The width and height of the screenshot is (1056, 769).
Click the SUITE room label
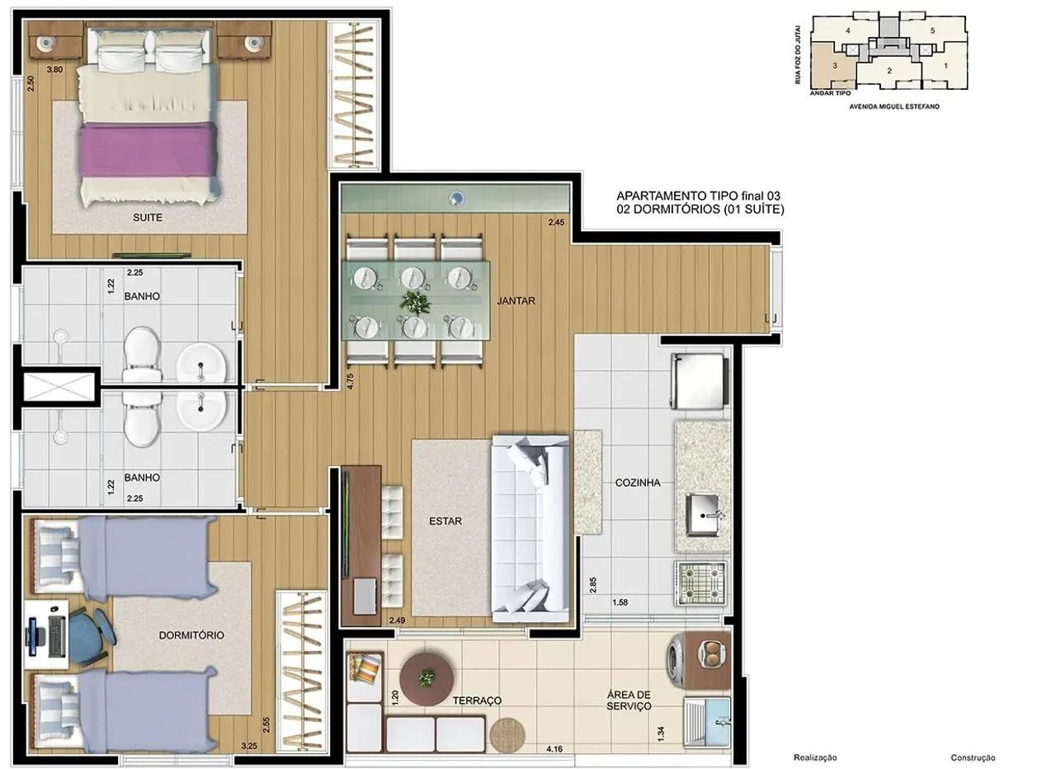click(148, 217)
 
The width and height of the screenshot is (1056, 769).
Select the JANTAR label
click(516, 301)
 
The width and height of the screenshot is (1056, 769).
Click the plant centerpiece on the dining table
click(415, 302)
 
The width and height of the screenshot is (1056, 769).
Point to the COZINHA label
click(638, 483)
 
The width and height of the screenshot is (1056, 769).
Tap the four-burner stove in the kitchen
click(700, 583)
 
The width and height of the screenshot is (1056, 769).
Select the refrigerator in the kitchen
click(700, 382)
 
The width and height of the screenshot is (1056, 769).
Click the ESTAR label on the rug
click(445, 521)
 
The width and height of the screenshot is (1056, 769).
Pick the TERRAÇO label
click(477, 701)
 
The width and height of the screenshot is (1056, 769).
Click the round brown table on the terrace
click(427, 679)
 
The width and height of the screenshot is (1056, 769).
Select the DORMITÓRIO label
click(191, 635)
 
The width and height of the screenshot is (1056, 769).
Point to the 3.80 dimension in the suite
click(54, 69)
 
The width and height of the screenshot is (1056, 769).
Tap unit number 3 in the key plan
click(835, 65)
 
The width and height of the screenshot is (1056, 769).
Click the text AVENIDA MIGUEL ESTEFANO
click(894, 106)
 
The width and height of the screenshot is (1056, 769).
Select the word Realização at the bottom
click(815, 757)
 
